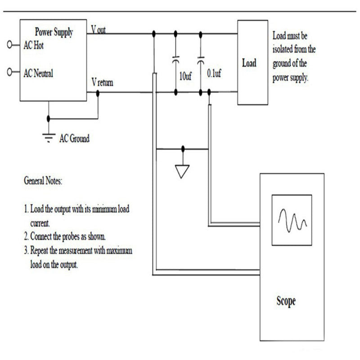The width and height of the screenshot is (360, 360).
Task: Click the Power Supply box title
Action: pyautogui.click(x=54, y=32)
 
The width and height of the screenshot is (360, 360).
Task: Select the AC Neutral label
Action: pyautogui.click(x=38, y=73)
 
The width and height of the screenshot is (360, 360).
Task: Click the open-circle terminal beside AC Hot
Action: pyautogui.click(x=10, y=45)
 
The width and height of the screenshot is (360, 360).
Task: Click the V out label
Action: pyautogui.click(x=99, y=30)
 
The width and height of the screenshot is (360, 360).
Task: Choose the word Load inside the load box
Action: pyautogui.click(x=249, y=63)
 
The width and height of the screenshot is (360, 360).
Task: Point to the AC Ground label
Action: pyautogui.click(x=75, y=139)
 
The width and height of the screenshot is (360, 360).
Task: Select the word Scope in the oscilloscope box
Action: pyautogui.click(x=286, y=301)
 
